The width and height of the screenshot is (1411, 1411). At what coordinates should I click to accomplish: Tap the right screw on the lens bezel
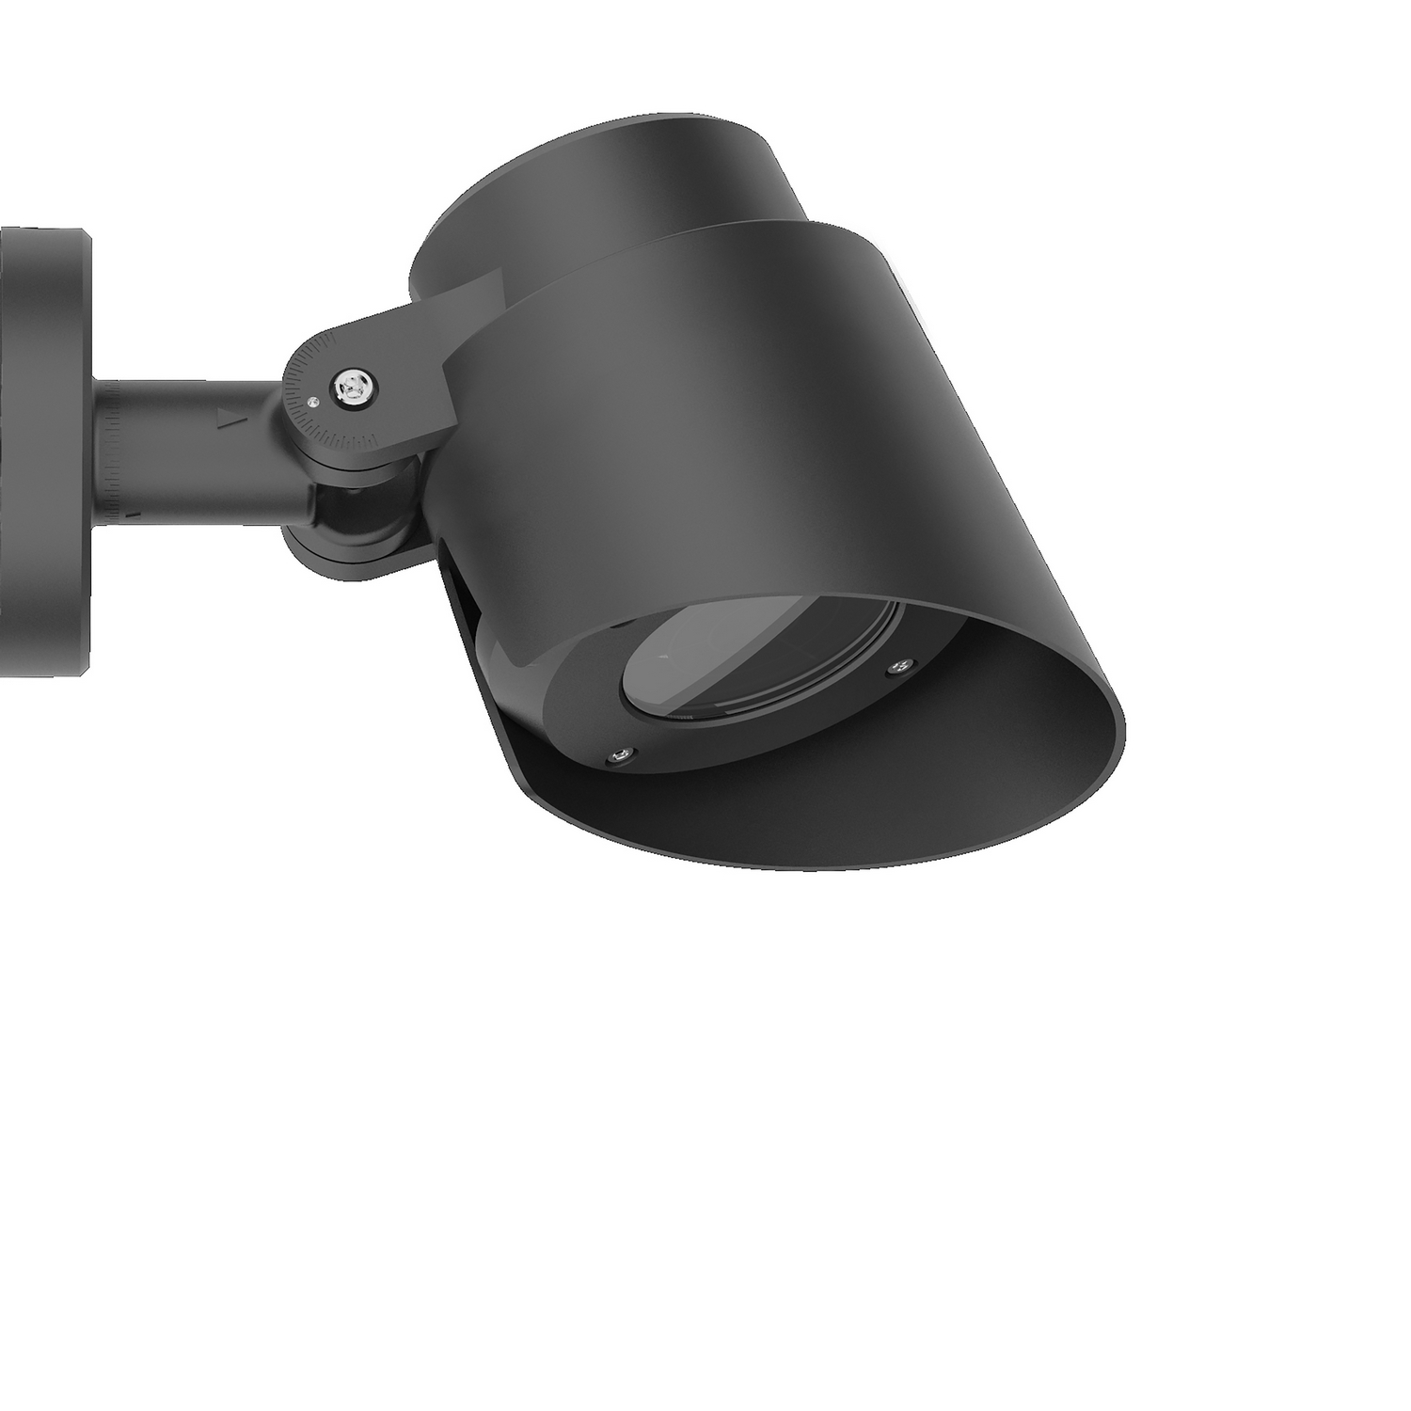click(897, 668)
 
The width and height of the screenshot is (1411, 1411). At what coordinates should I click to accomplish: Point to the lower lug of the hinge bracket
click(348, 550)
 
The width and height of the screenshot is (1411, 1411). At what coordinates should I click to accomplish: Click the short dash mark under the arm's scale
click(135, 515)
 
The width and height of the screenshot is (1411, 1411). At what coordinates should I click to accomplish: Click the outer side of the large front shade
click(734, 423)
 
